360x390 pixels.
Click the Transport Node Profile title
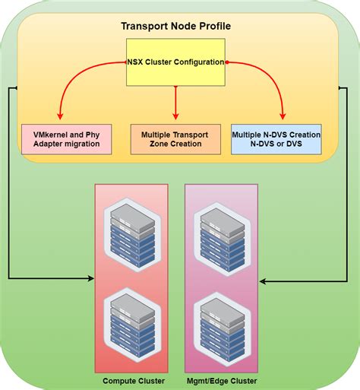(175, 26)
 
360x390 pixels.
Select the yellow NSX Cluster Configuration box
(175, 62)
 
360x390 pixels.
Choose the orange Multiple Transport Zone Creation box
(175, 139)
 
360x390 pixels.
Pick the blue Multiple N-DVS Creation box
(276, 139)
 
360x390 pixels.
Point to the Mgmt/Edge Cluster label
(221, 380)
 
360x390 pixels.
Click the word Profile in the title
(213, 26)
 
